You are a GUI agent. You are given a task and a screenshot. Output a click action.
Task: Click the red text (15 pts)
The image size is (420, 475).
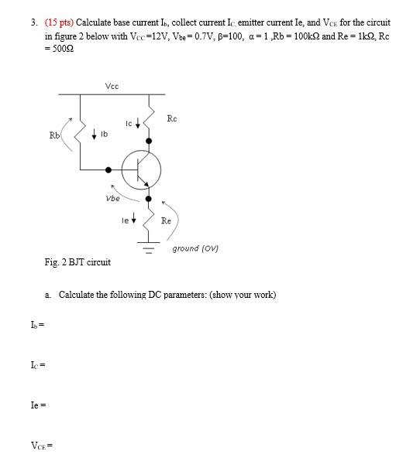[x=58, y=23]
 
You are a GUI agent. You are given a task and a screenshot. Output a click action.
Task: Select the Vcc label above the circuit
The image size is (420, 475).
[x=112, y=86]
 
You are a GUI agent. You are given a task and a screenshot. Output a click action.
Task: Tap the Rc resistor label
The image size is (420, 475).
[x=172, y=118]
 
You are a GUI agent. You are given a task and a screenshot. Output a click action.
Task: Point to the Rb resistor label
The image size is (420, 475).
[x=54, y=135]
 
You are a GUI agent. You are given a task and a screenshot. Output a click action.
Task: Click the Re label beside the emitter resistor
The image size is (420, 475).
[x=166, y=220]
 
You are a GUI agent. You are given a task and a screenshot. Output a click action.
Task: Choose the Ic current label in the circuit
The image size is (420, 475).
[x=129, y=123]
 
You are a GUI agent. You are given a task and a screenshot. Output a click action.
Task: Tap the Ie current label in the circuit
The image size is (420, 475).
[x=125, y=220]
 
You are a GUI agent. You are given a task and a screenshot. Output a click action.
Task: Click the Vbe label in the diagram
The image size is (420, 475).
[x=112, y=198]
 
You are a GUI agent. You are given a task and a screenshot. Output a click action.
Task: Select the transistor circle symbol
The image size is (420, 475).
[x=142, y=169]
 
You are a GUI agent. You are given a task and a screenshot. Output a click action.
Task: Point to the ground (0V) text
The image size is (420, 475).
[x=195, y=248]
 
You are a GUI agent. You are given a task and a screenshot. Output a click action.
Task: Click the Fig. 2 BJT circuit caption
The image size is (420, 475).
[x=77, y=262]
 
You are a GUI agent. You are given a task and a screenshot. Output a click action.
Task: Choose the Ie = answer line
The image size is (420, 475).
[x=38, y=405]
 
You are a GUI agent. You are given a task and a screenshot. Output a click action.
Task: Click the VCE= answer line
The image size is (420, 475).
[x=41, y=445]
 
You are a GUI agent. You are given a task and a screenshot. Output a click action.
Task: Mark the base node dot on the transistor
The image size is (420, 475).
[x=109, y=169]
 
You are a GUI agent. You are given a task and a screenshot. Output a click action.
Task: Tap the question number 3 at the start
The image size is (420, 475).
[x=34, y=23]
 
